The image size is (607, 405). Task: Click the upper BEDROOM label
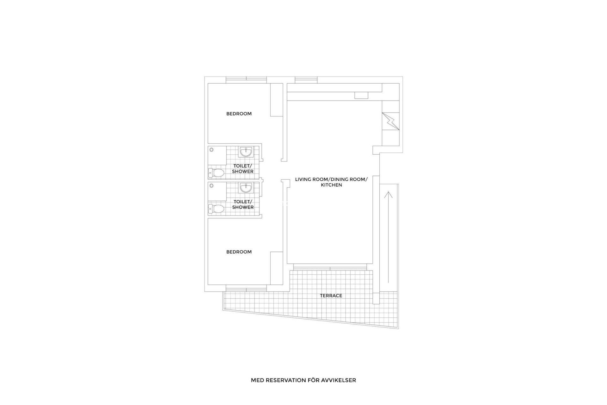[x=239, y=114]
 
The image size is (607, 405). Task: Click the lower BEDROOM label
[x=239, y=252]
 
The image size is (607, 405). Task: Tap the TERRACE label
[x=331, y=296]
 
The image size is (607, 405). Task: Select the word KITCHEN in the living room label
[x=331, y=185]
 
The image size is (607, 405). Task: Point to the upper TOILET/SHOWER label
[x=243, y=169]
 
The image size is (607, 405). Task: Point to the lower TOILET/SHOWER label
[x=243, y=204]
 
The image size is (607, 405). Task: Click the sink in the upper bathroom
[x=245, y=152]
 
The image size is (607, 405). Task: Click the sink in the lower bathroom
[x=245, y=188]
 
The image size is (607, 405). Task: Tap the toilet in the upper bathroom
[x=217, y=173]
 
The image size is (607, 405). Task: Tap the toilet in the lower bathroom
[x=217, y=209]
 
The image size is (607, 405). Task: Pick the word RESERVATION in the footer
[x=284, y=380]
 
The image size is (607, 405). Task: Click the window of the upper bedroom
[x=246, y=80]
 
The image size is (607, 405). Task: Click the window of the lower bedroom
[x=246, y=288]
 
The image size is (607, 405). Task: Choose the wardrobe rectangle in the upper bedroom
[x=276, y=100]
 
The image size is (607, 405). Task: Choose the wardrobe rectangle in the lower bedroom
[x=276, y=268]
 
